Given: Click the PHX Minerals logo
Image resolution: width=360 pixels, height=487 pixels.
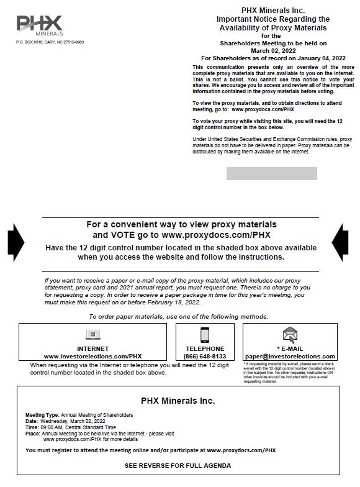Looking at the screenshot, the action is point(40,25).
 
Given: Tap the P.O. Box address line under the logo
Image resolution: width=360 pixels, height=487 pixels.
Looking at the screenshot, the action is point(50,42).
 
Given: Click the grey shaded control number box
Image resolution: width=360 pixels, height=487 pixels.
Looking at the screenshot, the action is point(272,173).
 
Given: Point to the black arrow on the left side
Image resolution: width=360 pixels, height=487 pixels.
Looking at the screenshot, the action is point(16,242).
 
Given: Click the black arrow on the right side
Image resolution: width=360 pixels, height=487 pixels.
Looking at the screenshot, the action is point(340,242).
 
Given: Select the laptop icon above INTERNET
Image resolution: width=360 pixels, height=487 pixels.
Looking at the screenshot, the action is point(93,334).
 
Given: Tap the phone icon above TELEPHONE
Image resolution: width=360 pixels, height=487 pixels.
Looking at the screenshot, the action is point(205,335).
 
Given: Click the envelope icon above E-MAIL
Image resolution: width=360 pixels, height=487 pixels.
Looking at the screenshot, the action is point(290,335).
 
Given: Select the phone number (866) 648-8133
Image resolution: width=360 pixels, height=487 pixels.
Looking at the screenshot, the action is point(205,357).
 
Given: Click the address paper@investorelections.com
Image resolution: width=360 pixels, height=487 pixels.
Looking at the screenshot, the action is point(290,357).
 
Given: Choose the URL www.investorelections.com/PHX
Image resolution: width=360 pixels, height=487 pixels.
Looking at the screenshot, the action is point(93,357).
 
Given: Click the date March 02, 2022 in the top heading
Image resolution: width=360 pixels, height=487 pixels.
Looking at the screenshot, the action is point(273,51).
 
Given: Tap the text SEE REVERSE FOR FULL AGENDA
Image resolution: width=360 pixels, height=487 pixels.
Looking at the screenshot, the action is point(178,466).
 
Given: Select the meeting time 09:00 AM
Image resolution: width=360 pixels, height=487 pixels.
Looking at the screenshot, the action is point(52,427).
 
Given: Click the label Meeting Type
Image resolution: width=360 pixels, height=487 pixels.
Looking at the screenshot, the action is point(42,415).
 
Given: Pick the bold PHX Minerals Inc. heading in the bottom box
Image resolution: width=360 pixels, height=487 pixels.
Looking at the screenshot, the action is point(178,401).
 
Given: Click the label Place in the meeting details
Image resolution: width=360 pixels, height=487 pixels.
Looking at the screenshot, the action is point(32,434).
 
